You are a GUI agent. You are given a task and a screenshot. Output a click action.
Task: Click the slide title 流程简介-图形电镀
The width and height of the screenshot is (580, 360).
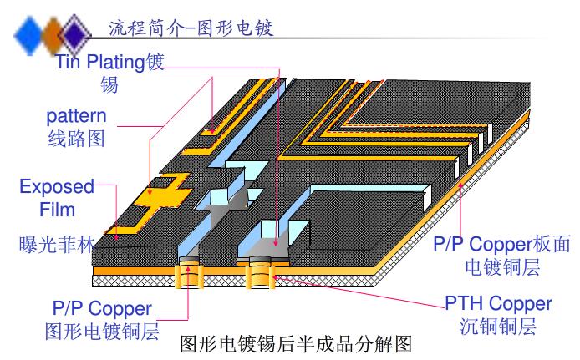tap(191, 28)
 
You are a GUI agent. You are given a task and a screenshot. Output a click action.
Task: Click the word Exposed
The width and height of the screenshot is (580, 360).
tap(56, 185)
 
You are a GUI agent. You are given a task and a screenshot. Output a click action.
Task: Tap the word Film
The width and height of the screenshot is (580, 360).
tap(58, 209)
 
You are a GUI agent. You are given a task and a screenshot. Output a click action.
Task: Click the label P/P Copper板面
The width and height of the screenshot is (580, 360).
tap(501, 245)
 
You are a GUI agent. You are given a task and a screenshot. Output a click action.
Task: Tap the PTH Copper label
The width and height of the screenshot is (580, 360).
tap(498, 303)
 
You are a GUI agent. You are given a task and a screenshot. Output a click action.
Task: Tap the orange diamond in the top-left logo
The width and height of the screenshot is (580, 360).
tap(54, 35)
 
